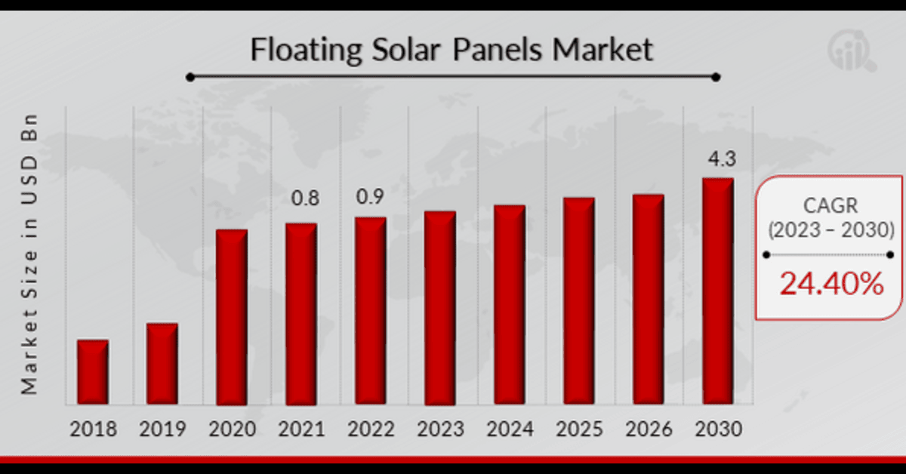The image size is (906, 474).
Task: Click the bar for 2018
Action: click(93, 371)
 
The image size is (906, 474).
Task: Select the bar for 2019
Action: click(162, 363)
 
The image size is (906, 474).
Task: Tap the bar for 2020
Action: click(232, 316)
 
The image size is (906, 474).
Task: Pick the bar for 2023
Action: click(440, 307)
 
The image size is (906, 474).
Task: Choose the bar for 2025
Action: click(579, 300)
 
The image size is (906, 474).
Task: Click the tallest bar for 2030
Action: click(718, 291)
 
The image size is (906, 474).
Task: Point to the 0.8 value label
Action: click(306, 199)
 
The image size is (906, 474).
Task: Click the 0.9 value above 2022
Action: click(370, 197)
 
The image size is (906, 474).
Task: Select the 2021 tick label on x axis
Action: click(301, 429)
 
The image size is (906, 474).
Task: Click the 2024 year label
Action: click(510, 429)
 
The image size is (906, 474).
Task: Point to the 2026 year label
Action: click(649, 429)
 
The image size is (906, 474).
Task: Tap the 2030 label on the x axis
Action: click(718, 429)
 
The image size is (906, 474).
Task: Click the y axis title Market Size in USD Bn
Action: click(29, 255)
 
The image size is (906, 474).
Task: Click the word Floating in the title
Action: click(301, 51)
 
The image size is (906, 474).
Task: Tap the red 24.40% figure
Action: click(830, 284)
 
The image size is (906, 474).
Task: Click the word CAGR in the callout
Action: click(830, 206)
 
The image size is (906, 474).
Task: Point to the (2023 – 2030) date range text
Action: click(830, 230)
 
